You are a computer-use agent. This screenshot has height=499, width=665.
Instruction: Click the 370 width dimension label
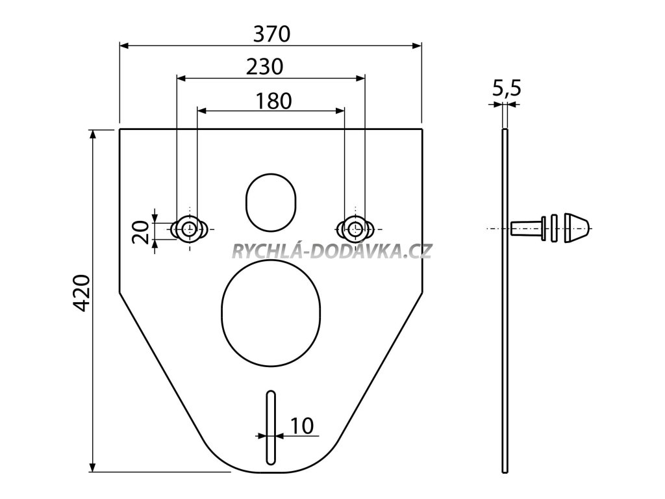tap(272, 34)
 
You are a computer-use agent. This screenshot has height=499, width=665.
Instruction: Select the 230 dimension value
tap(265, 67)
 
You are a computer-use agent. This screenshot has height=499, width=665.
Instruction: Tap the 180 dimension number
tap(274, 101)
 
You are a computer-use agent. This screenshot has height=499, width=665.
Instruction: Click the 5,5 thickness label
tap(507, 88)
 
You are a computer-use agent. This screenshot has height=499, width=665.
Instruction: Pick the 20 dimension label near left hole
tap(141, 232)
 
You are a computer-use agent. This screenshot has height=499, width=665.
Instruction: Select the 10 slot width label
tap(302, 426)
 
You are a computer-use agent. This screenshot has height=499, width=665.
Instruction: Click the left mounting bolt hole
tap(189, 229)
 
